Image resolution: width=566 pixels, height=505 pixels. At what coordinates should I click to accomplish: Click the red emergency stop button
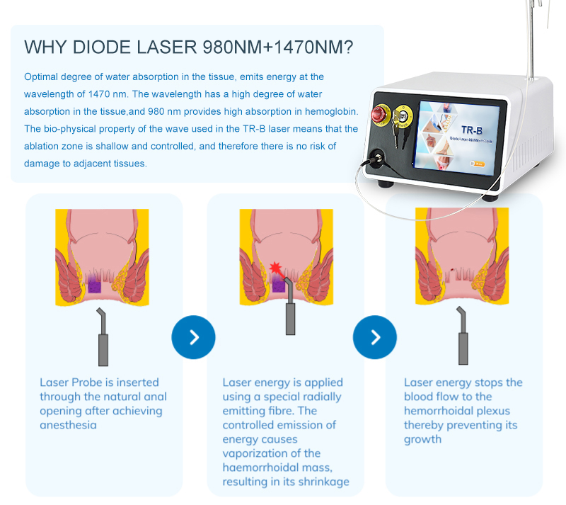[x=381, y=115]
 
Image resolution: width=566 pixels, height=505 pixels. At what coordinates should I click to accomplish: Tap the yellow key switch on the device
[x=402, y=116]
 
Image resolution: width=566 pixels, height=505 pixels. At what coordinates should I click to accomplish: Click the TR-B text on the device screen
[x=472, y=130]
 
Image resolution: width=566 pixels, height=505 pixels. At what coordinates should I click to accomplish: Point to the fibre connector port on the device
[x=378, y=158]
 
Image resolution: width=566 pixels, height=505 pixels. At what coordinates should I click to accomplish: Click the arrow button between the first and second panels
[x=193, y=337]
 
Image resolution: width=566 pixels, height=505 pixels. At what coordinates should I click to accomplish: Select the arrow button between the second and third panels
[x=375, y=337]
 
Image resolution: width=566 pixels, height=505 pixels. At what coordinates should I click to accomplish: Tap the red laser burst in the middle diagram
[x=275, y=268]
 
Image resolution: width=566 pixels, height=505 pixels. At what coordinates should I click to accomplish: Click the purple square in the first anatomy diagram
[x=95, y=287]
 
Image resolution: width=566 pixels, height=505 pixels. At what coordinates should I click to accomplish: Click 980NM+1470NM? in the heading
[x=277, y=47]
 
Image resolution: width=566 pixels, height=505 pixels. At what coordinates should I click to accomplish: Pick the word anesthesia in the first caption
[x=68, y=425]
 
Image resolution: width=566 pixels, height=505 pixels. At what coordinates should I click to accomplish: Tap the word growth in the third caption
[x=422, y=440]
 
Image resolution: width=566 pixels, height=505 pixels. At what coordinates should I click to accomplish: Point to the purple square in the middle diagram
[x=278, y=285]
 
